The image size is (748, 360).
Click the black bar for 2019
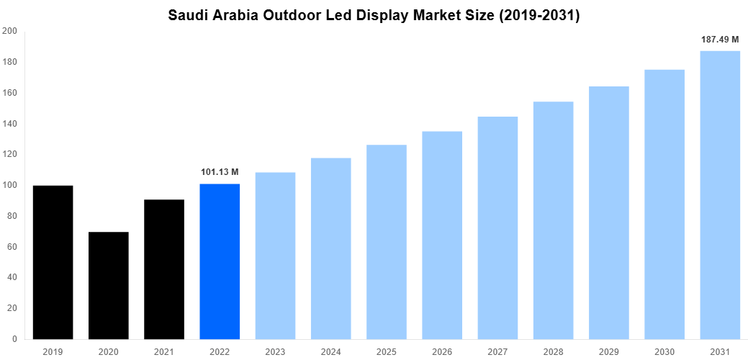(53, 262)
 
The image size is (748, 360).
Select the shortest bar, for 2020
(109, 285)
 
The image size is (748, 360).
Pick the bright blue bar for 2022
(220, 261)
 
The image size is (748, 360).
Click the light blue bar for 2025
(387, 242)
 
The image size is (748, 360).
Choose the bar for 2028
(553, 220)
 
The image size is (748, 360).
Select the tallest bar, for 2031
(720, 195)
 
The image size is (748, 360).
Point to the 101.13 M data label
(220, 172)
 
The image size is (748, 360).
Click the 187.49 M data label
(720, 40)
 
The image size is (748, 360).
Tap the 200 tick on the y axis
(10, 32)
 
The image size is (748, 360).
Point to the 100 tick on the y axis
(10, 185)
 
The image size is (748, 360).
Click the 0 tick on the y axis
(14, 339)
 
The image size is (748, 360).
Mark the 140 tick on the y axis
(10, 124)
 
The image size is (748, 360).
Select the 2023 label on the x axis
(275, 351)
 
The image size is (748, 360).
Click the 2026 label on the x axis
(442, 351)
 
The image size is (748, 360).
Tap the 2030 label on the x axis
(664, 351)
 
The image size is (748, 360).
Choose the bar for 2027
(497, 228)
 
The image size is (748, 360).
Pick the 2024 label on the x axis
(330, 351)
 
